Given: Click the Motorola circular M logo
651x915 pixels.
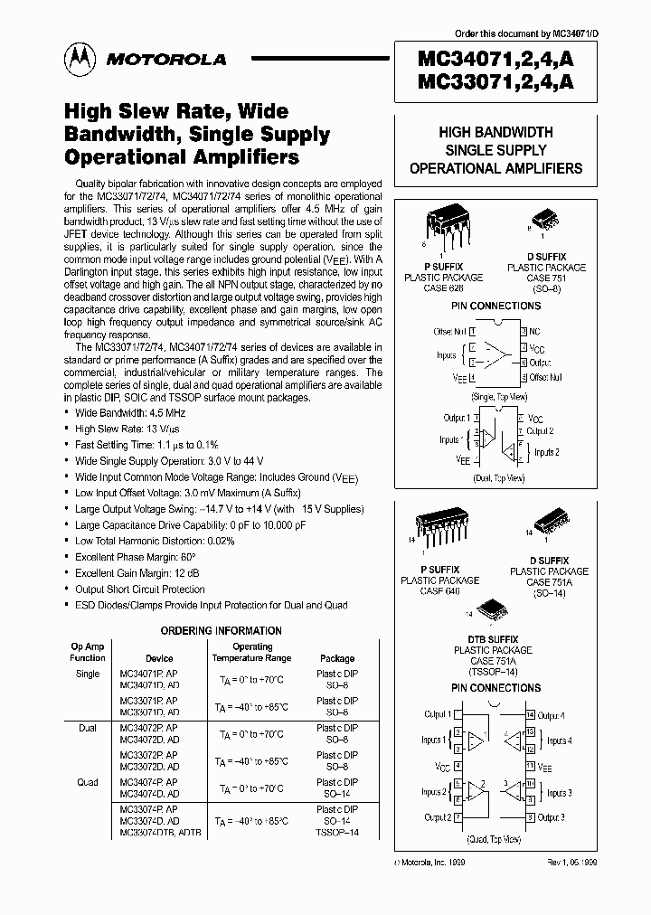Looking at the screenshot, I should [x=77, y=59].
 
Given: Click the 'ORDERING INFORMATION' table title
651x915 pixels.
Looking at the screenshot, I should [x=222, y=630].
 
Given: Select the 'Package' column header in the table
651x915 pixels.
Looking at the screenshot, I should [x=337, y=658].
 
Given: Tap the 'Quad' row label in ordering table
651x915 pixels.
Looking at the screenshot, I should [x=88, y=782].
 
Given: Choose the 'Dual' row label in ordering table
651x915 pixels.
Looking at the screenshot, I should [x=88, y=728].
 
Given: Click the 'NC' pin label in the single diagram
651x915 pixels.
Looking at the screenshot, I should [x=535, y=332].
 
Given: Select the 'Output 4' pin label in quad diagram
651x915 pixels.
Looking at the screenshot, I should [x=552, y=715].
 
